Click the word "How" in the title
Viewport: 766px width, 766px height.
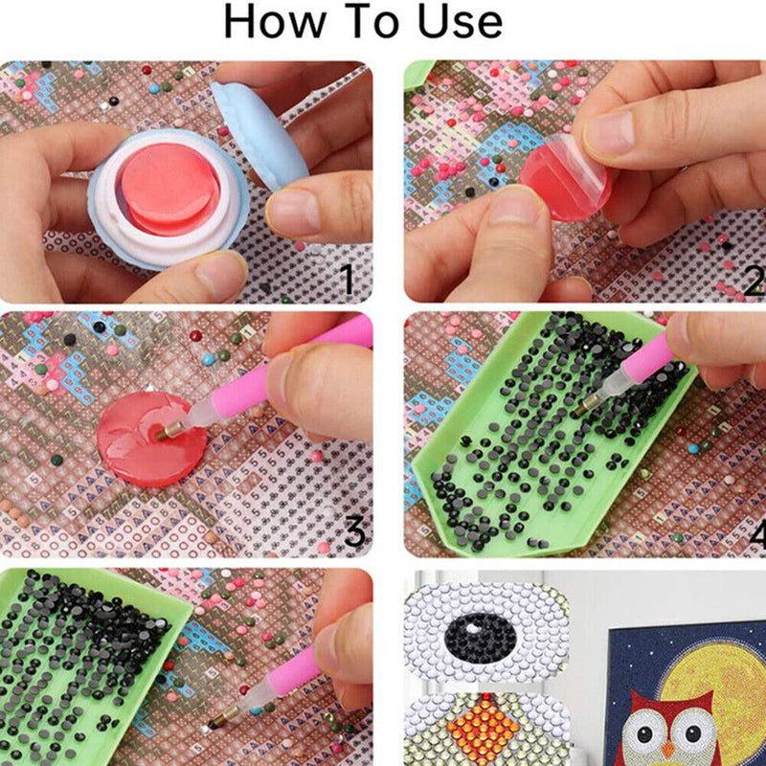275,21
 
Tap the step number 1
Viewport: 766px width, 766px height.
348,279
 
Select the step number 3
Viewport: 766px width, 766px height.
354,531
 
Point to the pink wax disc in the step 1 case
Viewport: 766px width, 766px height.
169,188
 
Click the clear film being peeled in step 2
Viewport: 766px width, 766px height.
572,173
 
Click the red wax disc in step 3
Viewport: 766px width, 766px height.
151,439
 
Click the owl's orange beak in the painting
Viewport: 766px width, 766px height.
667,749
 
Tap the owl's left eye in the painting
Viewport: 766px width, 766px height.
644,733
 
